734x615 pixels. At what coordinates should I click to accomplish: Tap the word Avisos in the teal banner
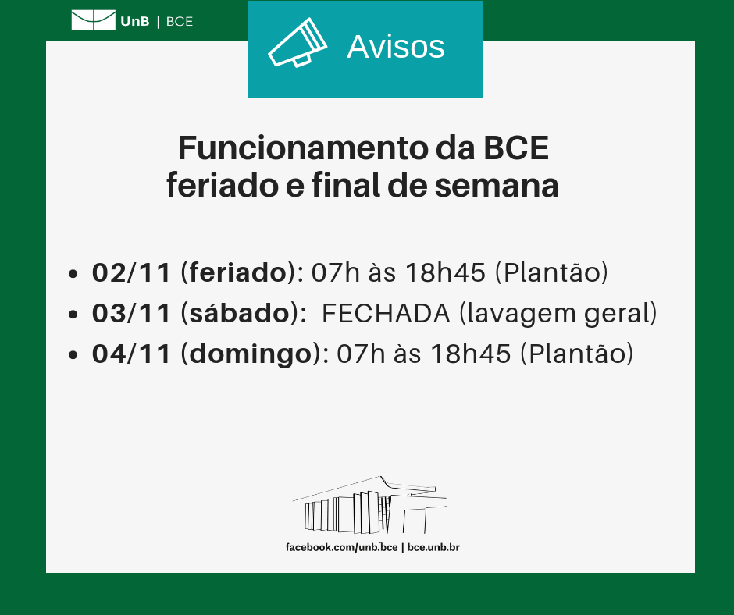[395, 47]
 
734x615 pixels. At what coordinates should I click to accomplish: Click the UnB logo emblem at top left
[93, 20]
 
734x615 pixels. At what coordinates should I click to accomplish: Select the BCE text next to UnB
[180, 21]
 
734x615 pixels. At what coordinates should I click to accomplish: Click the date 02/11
[131, 272]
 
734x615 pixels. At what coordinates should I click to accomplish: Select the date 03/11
[131, 313]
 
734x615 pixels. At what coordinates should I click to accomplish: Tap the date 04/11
[131, 354]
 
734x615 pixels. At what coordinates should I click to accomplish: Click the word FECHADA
[386, 313]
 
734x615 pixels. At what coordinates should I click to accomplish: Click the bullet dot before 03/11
[73, 315]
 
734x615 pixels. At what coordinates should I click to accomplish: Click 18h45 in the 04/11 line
[472, 354]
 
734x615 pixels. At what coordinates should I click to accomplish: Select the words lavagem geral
[558, 313]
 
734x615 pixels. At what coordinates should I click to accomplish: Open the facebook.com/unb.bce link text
[341, 548]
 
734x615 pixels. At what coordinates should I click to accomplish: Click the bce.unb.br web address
[433, 548]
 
